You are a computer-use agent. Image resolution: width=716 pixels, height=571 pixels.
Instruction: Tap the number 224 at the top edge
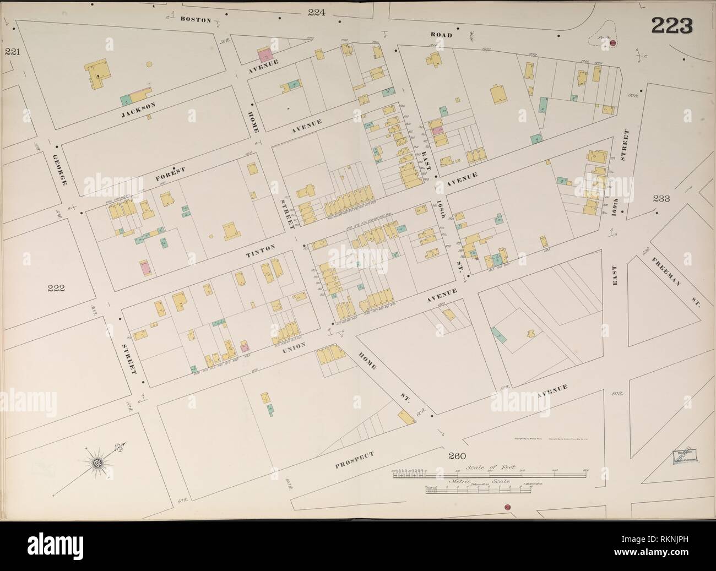coord(317,12)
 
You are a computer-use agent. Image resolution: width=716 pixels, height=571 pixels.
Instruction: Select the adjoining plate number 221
coord(12,52)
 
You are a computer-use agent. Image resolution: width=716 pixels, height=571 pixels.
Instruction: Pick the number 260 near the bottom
coord(457,455)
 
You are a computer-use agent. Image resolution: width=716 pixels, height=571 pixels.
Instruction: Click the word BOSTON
coord(196,20)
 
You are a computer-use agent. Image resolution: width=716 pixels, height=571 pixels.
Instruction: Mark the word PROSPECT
coord(355,460)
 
